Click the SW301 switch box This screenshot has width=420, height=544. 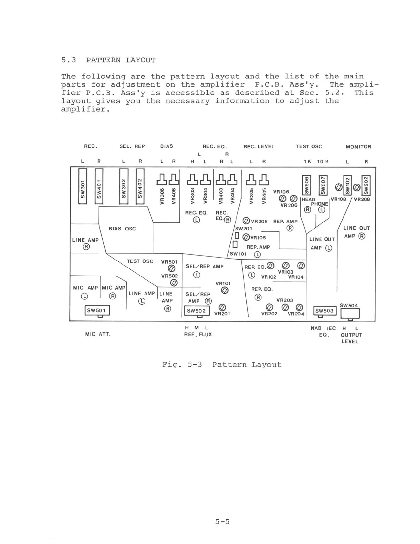[x=82, y=186]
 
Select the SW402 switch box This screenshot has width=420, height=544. [x=140, y=186]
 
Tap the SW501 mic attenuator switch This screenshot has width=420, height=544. [x=97, y=311]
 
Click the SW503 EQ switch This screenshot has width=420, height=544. [x=325, y=311]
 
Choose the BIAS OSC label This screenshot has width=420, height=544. [x=122, y=229]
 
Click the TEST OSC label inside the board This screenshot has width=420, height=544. [x=140, y=261]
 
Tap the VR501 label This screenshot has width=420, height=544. [x=169, y=262]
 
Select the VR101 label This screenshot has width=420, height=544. [x=223, y=283]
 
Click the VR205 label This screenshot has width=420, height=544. [x=259, y=222]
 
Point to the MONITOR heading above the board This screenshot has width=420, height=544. [x=358, y=147]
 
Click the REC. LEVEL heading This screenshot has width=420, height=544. [x=259, y=147]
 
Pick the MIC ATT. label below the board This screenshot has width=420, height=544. [x=98, y=334]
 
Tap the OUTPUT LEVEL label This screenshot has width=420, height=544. [x=351, y=338]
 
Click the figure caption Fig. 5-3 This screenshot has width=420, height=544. [x=222, y=365]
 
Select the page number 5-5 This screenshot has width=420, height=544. [x=222, y=522]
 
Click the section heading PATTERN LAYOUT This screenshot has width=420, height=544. [x=120, y=60]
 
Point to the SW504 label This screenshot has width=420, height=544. [x=349, y=305]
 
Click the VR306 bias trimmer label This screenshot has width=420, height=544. [x=163, y=196]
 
